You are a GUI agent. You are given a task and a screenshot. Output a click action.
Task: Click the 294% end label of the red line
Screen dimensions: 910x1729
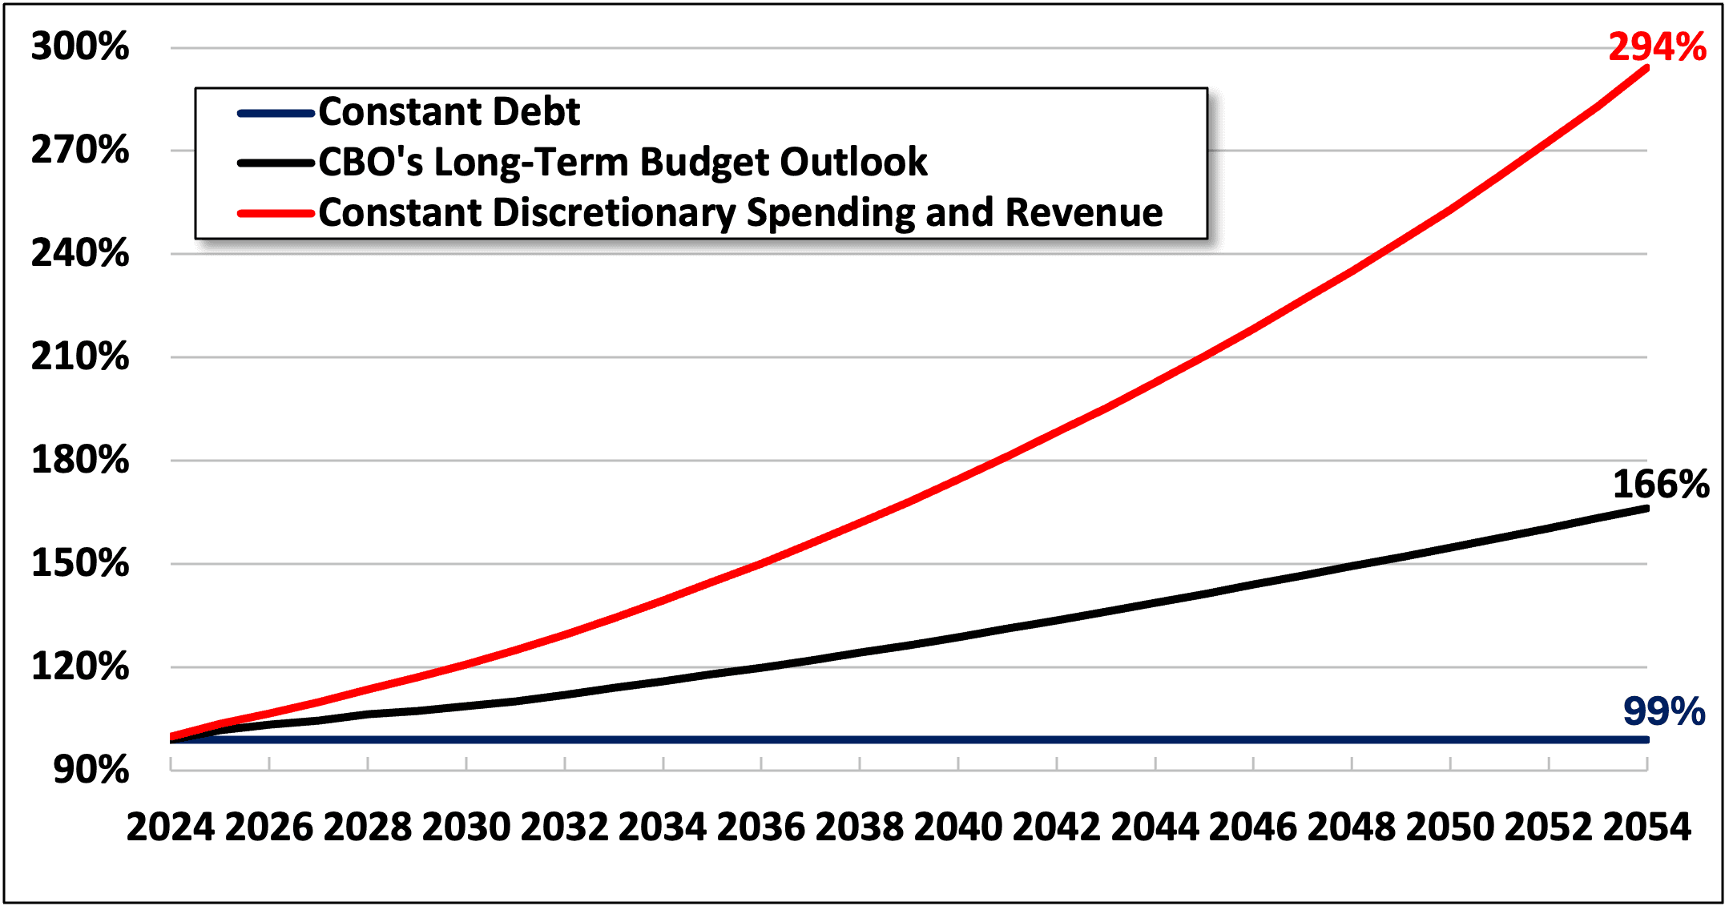pos(1657,47)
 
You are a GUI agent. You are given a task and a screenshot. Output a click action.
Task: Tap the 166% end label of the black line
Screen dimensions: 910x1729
pos(1661,485)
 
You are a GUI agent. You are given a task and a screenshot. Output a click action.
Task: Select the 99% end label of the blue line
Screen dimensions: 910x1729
pos(1664,711)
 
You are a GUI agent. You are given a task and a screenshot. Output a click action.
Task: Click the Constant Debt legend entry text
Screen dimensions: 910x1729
pos(449,111)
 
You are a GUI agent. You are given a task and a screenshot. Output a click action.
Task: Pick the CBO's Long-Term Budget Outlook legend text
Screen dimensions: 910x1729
pos(623,162)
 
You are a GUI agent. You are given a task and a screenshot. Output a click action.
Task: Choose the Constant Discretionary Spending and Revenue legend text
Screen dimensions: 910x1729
pos(740,213)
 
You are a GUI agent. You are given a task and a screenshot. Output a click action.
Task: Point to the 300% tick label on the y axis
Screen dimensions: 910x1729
pos(80,46)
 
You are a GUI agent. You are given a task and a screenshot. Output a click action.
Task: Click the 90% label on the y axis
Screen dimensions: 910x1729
pos(91,770)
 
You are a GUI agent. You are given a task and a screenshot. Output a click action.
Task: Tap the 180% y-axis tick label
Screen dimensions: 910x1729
pos(80,460)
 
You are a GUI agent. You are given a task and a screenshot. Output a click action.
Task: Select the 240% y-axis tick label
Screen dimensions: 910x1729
pos(80,253)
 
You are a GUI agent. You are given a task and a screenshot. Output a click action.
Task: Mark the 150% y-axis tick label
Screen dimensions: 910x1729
pos(80,563)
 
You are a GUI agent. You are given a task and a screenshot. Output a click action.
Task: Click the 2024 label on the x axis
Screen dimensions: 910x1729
pos(171,827)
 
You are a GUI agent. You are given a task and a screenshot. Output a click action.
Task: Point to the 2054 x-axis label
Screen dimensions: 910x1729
pos(1646,827)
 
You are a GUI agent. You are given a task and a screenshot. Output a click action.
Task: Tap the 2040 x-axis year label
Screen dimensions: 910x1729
pos(958,827)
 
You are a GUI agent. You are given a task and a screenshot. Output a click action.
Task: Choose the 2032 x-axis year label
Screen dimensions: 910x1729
pos(564,827)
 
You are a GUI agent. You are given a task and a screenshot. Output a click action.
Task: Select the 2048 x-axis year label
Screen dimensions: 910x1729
pos(1352,827)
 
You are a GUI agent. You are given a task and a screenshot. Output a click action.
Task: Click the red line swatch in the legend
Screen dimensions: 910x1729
pos(276,213)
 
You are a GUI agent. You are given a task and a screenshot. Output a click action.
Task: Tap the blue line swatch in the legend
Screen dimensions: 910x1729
pos(276,113)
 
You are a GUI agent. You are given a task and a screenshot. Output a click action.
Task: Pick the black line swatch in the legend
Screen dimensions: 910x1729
pos(276,163)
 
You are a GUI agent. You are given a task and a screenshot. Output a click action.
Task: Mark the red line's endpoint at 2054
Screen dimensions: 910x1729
pos(1646,69)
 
